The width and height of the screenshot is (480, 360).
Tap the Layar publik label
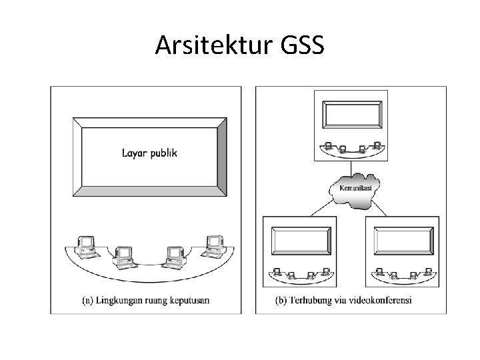pos(149,153)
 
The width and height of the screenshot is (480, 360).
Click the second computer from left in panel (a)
pos(124,254)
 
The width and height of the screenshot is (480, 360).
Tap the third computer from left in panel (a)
pos(175,254)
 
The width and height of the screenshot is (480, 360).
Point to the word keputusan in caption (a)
pos(189,300)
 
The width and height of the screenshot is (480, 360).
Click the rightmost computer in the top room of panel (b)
pos(377,145)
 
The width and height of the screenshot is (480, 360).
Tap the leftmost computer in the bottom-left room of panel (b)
pos(274,272)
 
